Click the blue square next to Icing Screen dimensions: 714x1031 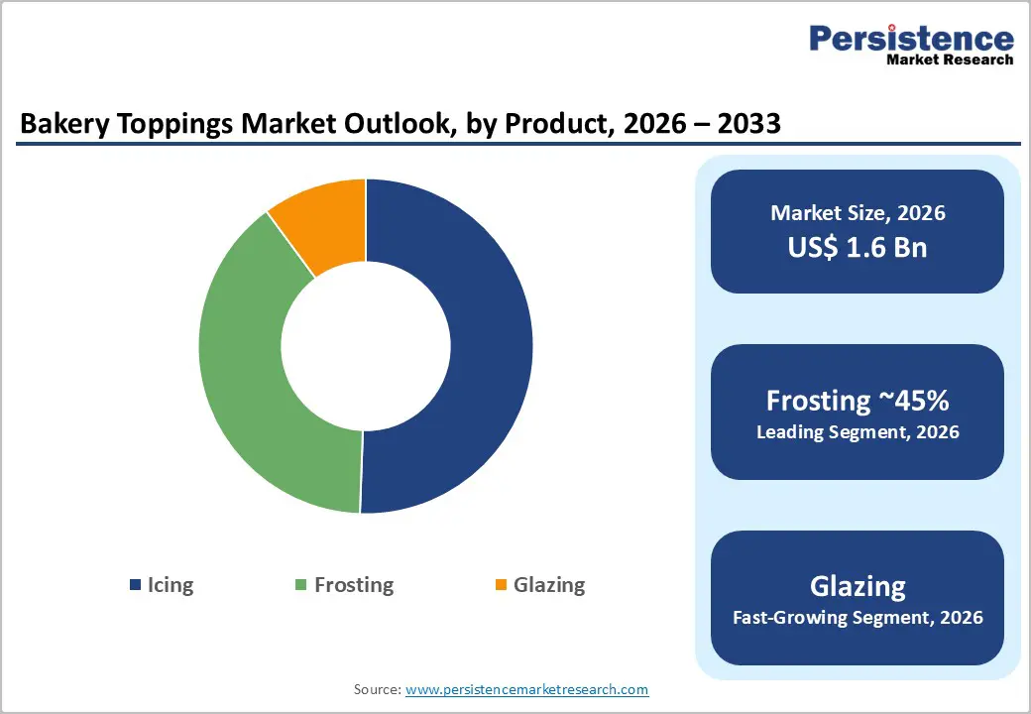(135, 585)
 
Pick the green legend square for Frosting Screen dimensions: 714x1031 (301, 585)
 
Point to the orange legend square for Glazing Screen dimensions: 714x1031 (501, 585)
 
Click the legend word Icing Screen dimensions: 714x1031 (171, 585)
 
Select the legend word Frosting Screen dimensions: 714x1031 (354, 585)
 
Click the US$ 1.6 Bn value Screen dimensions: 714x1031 (858, 247)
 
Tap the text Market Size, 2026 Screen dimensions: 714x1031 (858, 212)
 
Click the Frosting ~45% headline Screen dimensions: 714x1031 (858, 401)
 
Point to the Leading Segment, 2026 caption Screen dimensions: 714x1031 (858, 432)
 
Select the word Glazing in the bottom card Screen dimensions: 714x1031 (858, 586)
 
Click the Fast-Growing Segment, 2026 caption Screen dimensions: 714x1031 (858, 618)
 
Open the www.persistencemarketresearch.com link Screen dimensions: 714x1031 (526, 689)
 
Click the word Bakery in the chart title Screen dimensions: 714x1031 (58, 124)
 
